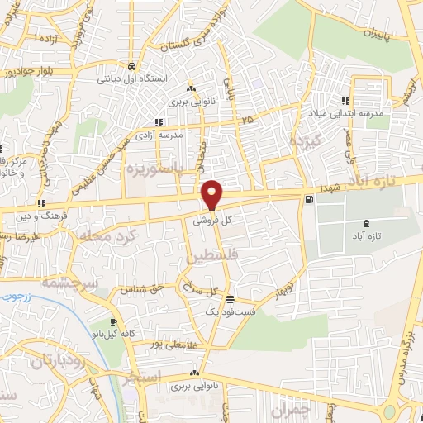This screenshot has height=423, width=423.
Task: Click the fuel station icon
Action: [309, 198]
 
